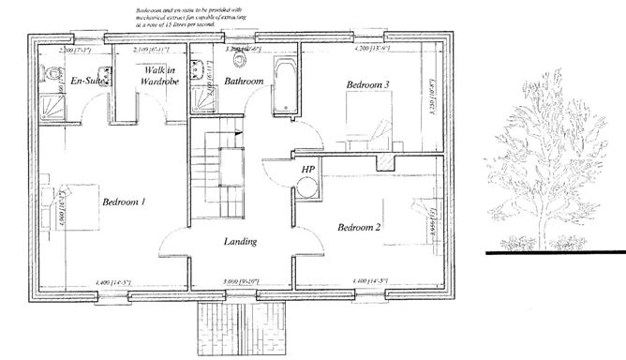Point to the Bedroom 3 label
click(367, 85)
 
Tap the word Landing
click(241, 243)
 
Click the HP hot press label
click(307, 169)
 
